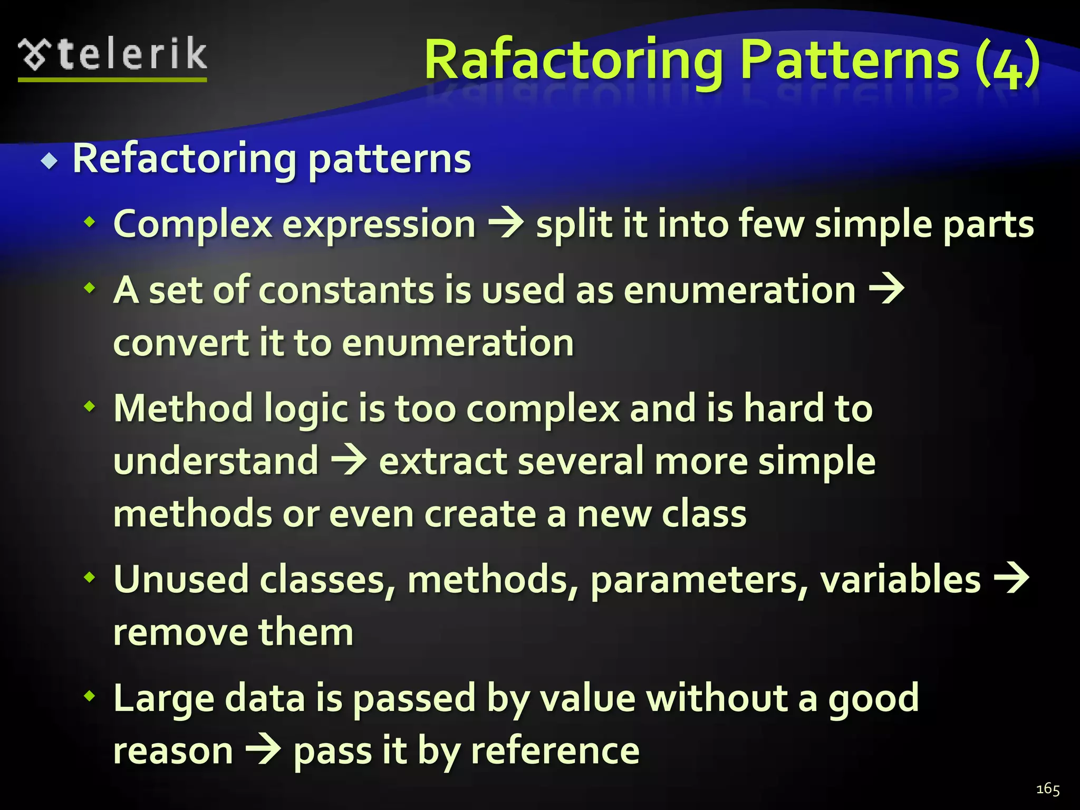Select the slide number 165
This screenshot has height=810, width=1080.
click(1047, 789)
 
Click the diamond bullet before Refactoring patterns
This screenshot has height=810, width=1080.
click(50, 161)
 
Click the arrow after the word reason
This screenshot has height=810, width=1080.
click(263, 750)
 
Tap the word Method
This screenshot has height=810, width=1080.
click(183, 409)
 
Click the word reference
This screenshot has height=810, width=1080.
click(555, 751)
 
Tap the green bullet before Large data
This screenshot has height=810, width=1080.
click(90, 696)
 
